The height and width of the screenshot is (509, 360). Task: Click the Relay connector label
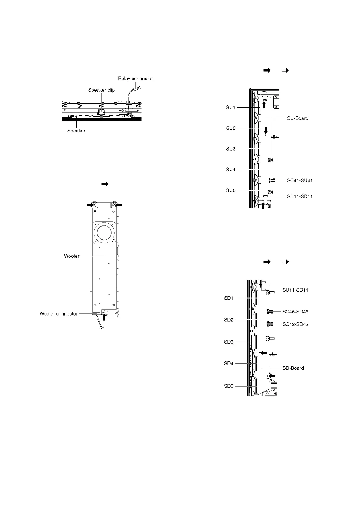[135, 79]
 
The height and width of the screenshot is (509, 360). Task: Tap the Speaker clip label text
[101, 90]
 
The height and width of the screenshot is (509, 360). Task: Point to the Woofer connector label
[59, 314]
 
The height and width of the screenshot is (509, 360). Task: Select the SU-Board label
[298, 118]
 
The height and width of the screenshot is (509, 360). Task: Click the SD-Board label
[293, 368]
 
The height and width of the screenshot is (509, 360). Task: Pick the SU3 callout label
[231, 149]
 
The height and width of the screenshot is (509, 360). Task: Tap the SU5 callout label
[231, 190]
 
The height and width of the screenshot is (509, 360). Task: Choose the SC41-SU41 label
[299, 181]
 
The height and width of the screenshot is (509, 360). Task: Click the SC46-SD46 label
[295, 312]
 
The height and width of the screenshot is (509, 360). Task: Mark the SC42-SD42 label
[295, 324]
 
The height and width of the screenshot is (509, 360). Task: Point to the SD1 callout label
[229, 298]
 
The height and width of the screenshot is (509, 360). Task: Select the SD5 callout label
[229, 386]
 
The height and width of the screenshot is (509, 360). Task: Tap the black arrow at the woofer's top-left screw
[90, 205]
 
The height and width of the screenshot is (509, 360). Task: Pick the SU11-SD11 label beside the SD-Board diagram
[295, 290]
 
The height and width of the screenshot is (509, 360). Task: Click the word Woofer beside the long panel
[72, 256]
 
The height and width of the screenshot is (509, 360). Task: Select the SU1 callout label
[231, 107]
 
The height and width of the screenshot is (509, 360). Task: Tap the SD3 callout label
[229, 342]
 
